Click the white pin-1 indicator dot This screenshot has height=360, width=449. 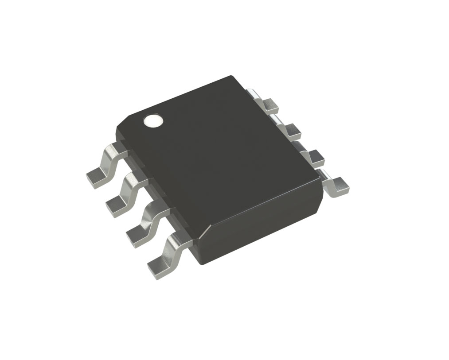[x=153, y=120]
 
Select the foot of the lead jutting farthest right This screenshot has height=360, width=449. [x=340, y=186]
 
